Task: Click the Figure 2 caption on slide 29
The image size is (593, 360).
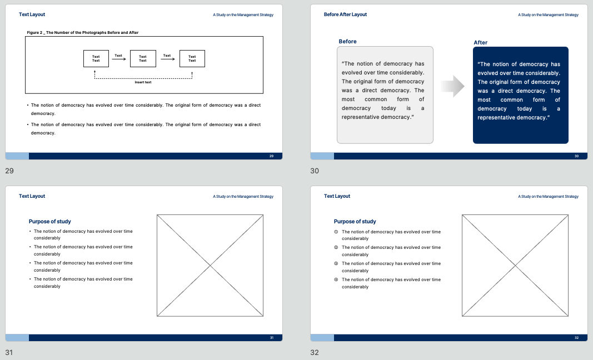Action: click(82, 33)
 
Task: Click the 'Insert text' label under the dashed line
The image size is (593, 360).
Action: click(143, 82)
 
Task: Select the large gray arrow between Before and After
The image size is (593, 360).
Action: click(453, 86)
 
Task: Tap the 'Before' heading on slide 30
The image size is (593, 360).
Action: click(347, 41)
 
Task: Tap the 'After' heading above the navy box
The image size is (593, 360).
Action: click(480, 42)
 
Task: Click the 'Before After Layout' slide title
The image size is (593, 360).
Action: click(345, 14)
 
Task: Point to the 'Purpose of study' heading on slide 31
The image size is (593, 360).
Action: click(50, 221)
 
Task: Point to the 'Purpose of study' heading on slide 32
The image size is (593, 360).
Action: click(355, 221)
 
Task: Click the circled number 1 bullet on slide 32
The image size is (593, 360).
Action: click(336, 232)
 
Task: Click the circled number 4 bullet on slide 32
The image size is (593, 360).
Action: click(336, 280)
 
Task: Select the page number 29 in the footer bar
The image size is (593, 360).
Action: click(271, 156)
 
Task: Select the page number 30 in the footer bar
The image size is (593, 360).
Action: click(576, 156)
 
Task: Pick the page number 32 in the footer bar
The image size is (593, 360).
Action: click(576, 338)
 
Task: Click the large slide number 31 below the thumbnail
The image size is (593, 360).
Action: click(9, 352)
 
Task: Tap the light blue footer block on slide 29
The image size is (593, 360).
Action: click(17, 156)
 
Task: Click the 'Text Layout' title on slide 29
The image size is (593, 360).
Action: click(32, 14)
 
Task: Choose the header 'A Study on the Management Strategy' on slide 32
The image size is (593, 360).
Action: click(548, 196)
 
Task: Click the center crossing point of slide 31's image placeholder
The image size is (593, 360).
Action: click(210, 266)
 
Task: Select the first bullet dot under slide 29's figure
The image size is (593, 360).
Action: click(28, 105)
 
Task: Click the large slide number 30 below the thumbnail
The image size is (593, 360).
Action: click(314, 171)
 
